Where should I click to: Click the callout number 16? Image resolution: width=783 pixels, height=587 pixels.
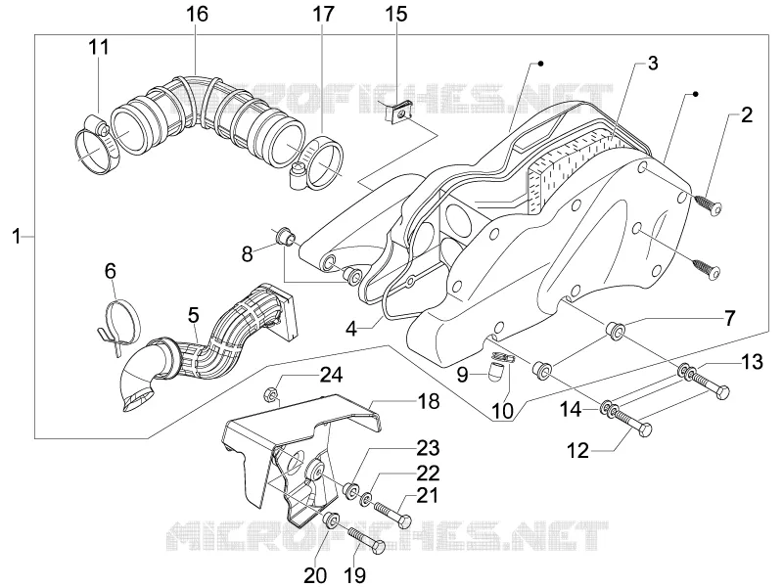tap(198, 14)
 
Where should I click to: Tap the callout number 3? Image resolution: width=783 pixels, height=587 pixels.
tap(653, 64)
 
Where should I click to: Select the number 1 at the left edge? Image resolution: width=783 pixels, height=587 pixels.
tap(18, 236)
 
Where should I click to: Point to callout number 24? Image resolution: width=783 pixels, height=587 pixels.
tap(331, 375)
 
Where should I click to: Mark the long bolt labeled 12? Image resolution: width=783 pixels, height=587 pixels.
tap(631, 423)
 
